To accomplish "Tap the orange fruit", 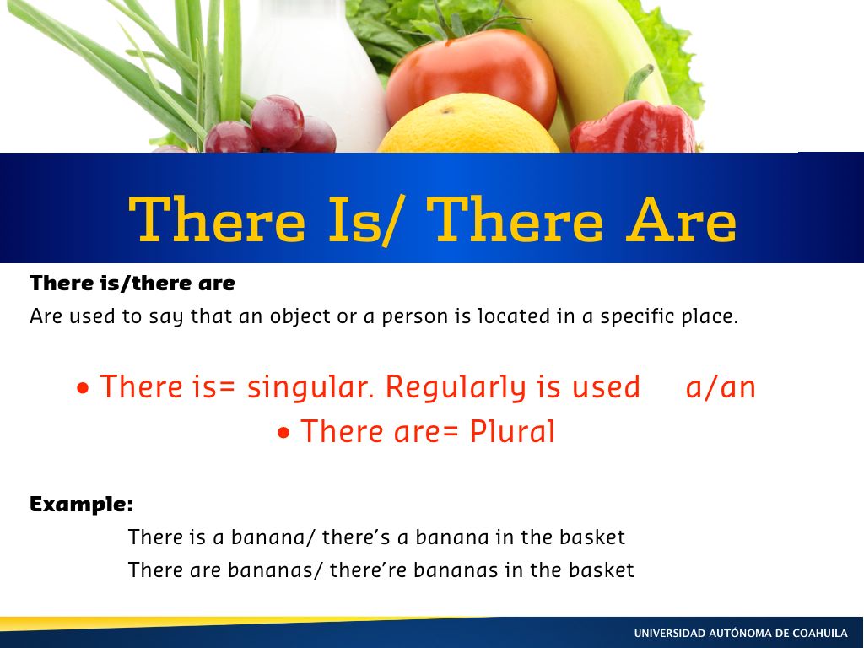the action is [468, 126].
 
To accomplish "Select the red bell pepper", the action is [633, 127].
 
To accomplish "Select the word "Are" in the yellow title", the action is [681, 220].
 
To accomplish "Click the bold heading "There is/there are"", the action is [132, 283].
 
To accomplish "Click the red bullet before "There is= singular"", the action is [84, 388].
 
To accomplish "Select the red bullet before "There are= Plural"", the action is [283, 433].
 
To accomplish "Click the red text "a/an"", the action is [721, 386].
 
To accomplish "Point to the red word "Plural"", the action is [512, 431].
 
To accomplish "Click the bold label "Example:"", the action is [82, 505].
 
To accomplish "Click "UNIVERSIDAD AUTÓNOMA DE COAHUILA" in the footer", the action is [741, 634].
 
